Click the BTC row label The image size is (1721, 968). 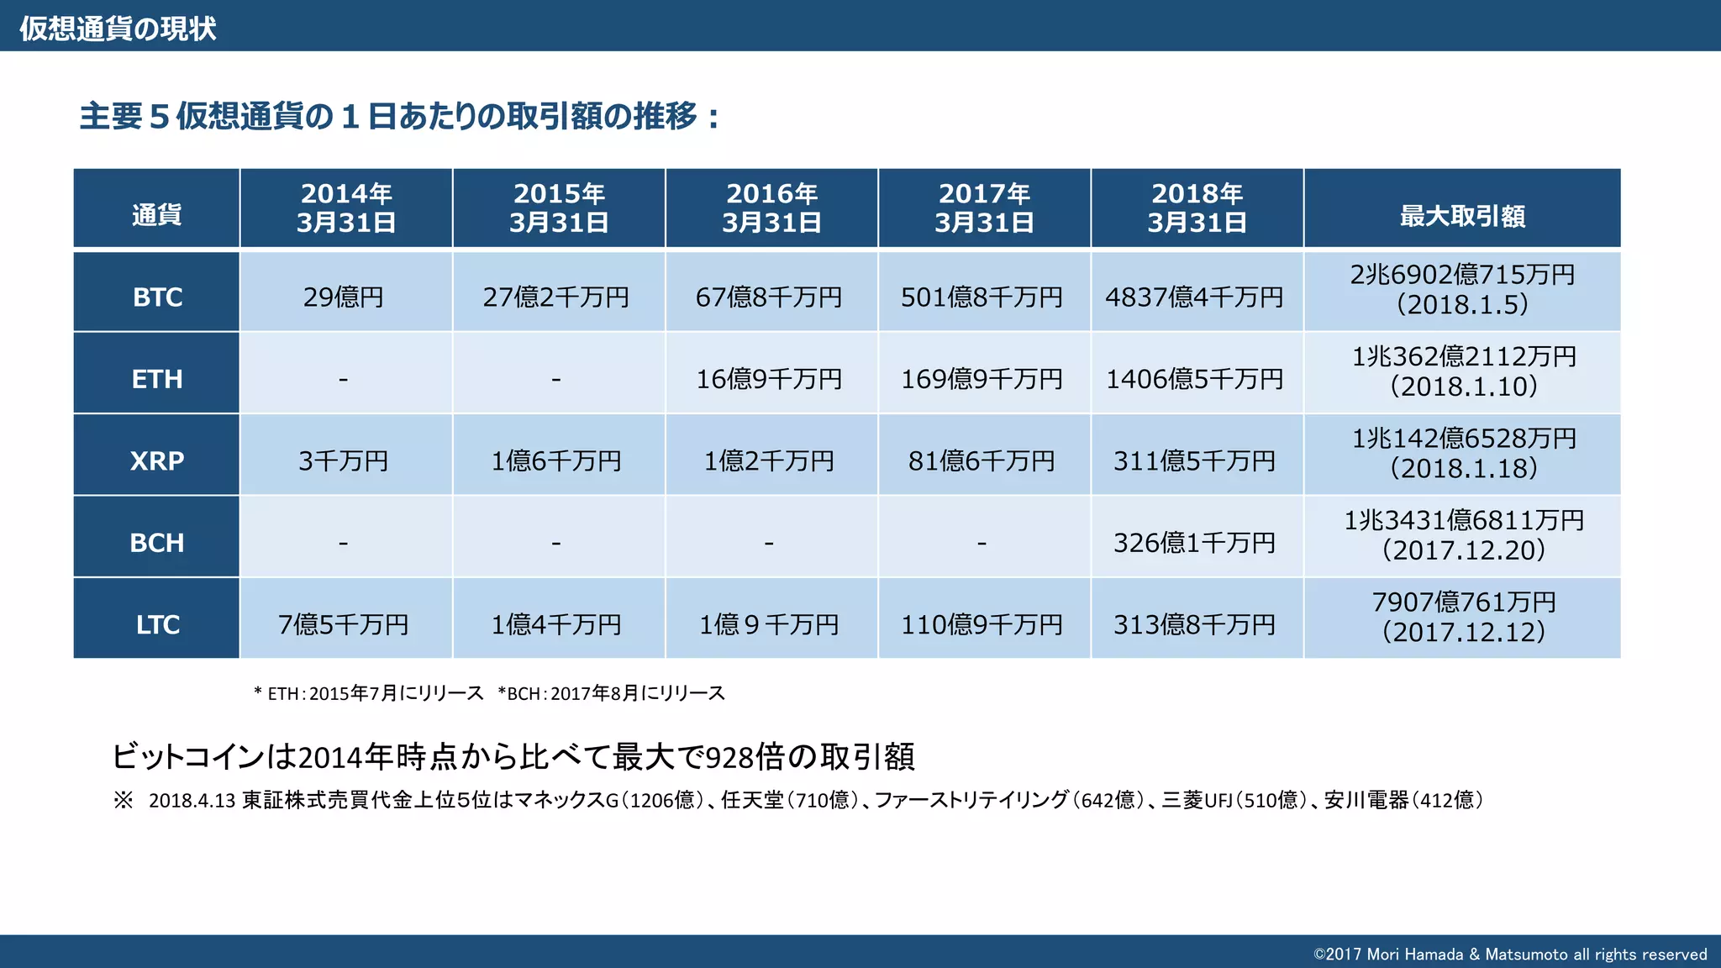click(157, 297)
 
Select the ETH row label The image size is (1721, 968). click(157, 379)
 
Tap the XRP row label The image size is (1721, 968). click(157, 460)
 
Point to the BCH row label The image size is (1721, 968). click(157, 543)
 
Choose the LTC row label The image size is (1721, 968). click(157, 624)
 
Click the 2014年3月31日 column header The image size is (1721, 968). click(345, 208)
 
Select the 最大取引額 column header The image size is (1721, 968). click(1461, 216)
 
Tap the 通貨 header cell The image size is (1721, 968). click(157, 215)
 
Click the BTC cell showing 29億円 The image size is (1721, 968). click(344, 297)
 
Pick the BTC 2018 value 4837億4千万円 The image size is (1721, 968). click(1194, 297)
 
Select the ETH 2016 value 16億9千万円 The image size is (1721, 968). click(769, 379)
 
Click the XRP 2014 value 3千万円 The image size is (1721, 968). click(344, 460)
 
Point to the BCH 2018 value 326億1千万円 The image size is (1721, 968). click(1194, 543)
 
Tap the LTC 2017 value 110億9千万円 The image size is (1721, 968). click(982, 624)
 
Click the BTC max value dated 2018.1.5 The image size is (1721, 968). click(1461, 290)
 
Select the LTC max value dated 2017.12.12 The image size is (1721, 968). click(1463, 618)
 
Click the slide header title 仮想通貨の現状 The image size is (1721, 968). click(118, 29)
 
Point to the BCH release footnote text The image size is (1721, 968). click(611, 693)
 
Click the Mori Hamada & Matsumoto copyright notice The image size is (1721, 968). click(1509, 955)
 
